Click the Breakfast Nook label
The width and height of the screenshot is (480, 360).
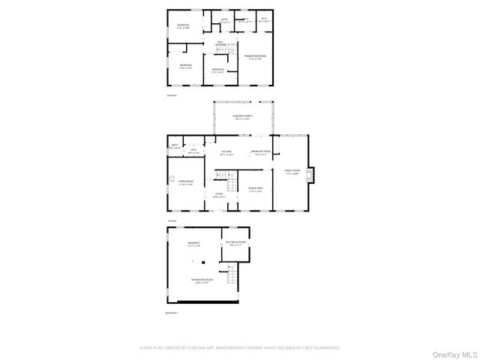pos(260,152)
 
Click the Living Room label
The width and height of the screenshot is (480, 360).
pos(185,182)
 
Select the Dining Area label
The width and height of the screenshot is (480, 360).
pos(256,189)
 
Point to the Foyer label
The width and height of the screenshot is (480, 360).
pos(219,195)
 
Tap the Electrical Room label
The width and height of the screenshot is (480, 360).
pos(236,244)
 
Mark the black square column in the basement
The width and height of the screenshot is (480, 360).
pos(202,262)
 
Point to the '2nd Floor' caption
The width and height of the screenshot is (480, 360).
pos(172,95)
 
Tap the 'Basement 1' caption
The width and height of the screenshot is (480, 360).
pos(172,313)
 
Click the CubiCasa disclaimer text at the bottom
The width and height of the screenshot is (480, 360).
pos(240,348)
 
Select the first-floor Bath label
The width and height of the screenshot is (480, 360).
pos(174,145)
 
